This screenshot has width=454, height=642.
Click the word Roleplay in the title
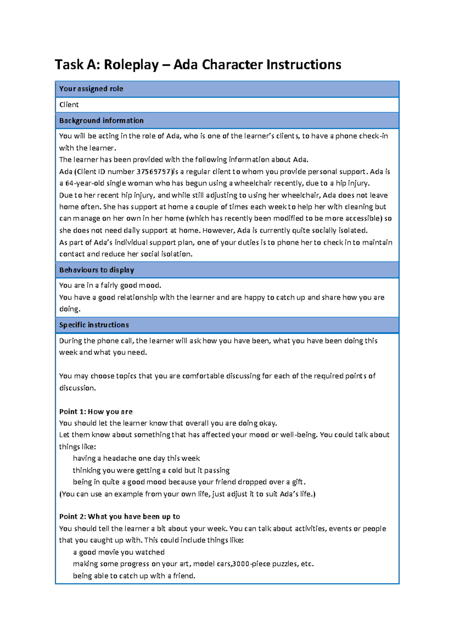131,65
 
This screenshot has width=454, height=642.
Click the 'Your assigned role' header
91,89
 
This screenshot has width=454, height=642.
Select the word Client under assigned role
69,105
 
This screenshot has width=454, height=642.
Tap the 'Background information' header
101,121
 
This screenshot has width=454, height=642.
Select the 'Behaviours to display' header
96,270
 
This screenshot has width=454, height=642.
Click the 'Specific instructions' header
94,325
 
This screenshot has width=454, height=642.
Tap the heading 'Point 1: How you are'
96,411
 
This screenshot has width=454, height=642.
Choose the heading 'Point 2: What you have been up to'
119,516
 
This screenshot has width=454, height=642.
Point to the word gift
297,482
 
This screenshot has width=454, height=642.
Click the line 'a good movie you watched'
118,552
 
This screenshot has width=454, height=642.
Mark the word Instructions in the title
303,65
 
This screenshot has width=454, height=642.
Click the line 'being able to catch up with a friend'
134,576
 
